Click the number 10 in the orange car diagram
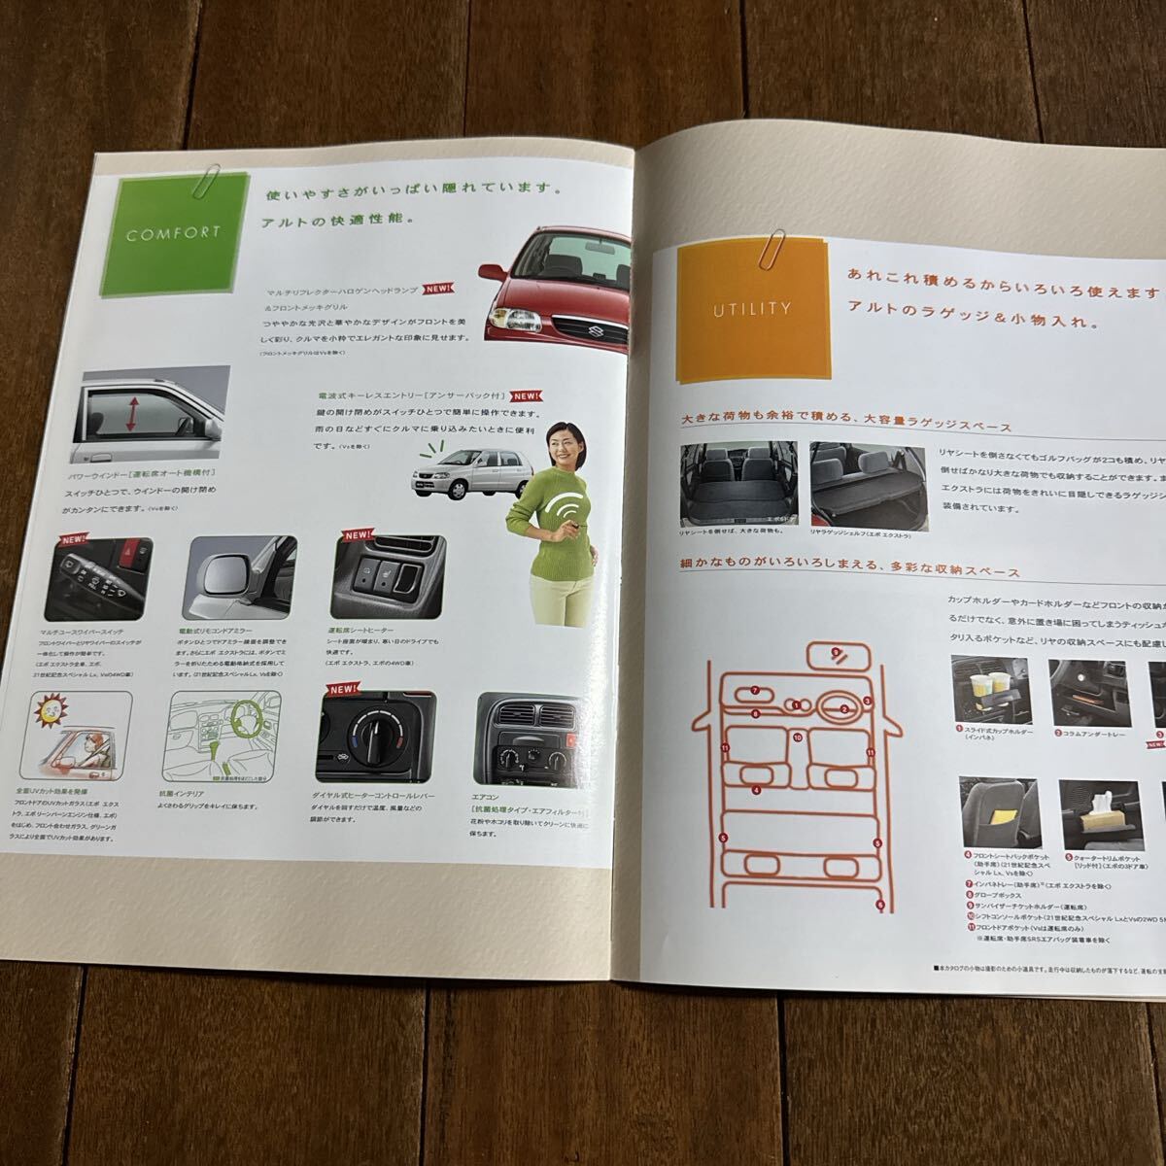[797, 737]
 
